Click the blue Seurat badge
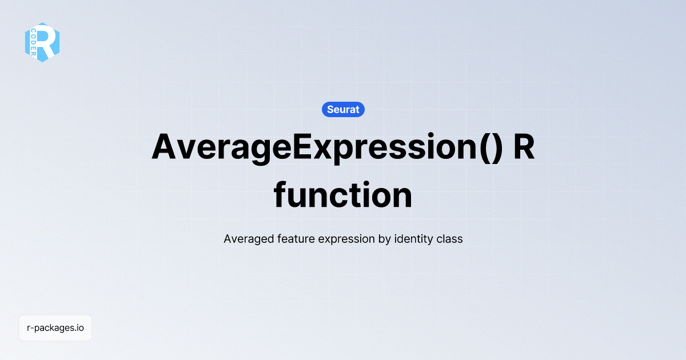pyautogui.click(x=343, y=109)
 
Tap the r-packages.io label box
pyautogui.click(x=55, y=328)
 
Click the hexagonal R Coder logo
pyautogui.click(x=42, y=42)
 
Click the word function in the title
pyautogui.click(x=343, y=195)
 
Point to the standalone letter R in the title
pyautogui.click(x=524, y=146)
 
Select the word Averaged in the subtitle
pyautogui.click(x=249, y=239)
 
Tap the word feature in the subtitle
pyautogui.click(x=296, y=239)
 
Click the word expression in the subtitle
pyautogui.click(x=346, y=239)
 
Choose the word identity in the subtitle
pyautogui.click(x=414, y=239)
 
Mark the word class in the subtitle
pyautogui.click(x=449, y=239)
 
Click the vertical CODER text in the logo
pyautogui.click(x=33, y=42)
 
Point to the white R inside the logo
pyautogui.click(x=46, y=42)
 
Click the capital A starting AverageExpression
pyautogui.click(x=164, y=146)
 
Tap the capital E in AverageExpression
pyautogui.click(x=302, y=146)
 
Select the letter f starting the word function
pyautogui.click(x=280, y=194)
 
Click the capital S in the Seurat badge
pyautogui.click(x=330, y=109)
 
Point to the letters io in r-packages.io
pyautogui.click(x=80, y=327)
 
